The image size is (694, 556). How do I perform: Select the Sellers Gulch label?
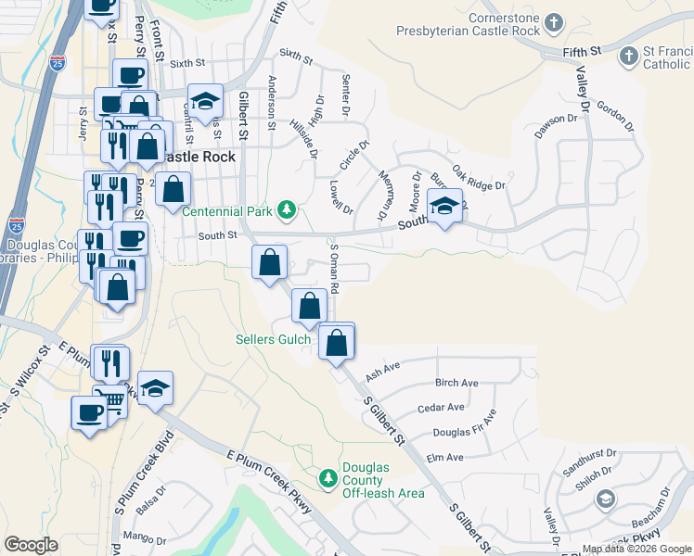[270, 339]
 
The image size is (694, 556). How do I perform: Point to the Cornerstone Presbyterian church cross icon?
[554, 21]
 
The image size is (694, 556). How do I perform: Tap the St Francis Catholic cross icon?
[628, 56]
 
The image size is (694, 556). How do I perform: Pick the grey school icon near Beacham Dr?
[605, 500]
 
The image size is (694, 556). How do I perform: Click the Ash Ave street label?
[382, 370]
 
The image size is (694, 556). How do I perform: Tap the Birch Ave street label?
[456, 383]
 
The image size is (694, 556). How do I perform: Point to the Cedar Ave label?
[441, 408]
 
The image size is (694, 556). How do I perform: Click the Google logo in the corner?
[31, 544]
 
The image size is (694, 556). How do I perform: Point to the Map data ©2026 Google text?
[636, 549]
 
